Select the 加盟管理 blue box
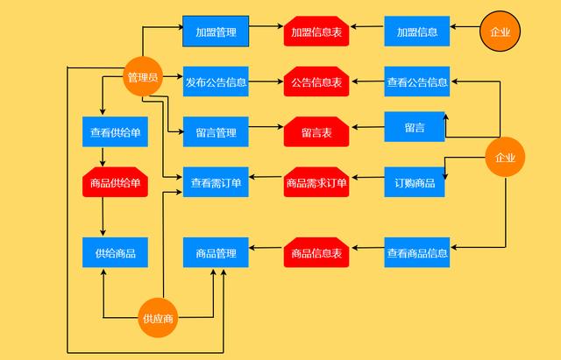216,32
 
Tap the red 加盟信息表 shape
316,32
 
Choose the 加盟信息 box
417,32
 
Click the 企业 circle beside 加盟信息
501,32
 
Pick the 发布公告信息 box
216,82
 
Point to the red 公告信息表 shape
316,82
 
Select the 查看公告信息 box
417,82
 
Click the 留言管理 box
216,132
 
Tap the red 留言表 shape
316,132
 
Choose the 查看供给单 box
115,132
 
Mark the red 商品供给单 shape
115,182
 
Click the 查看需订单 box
216,182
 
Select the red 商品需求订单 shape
316,182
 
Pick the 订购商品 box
415,182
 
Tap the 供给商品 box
115,253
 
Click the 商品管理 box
216,253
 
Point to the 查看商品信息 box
417,253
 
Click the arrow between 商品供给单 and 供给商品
103,217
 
